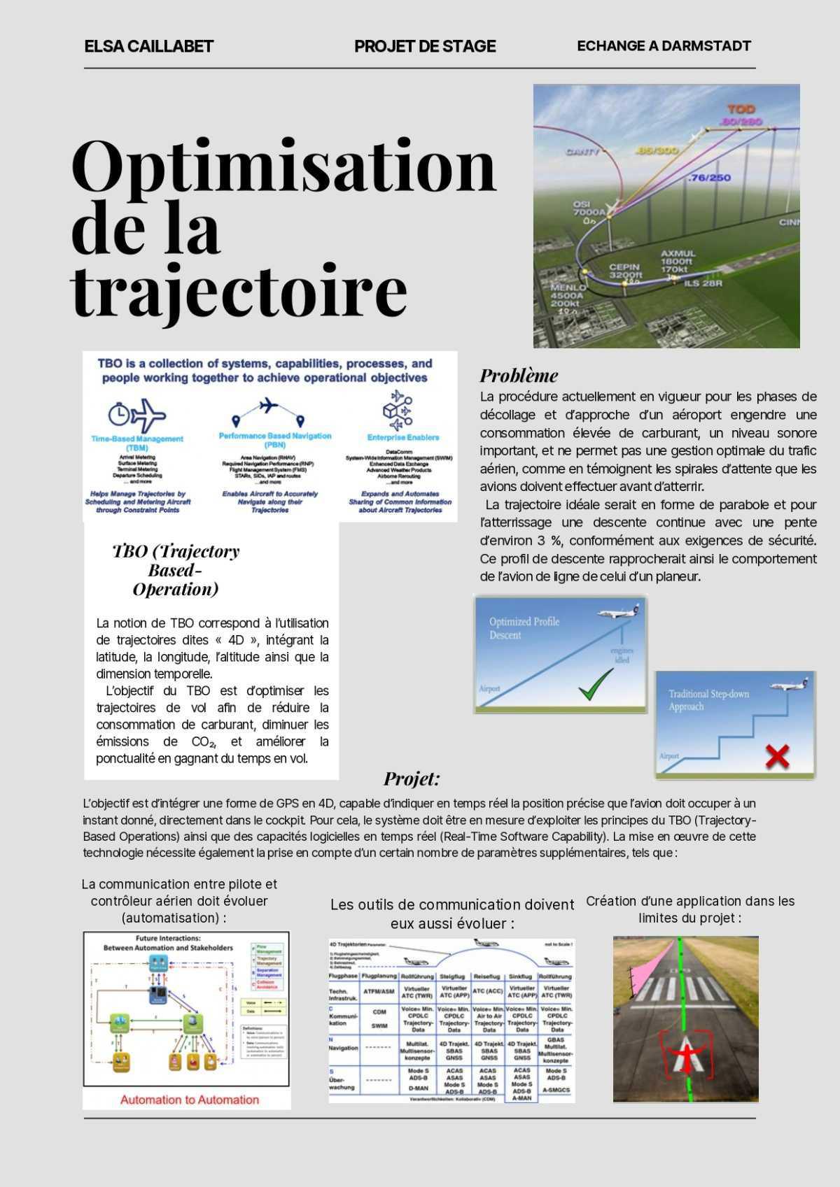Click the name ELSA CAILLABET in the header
point(148,47)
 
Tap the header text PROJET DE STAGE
point(425,47)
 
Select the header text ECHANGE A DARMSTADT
point(664,46)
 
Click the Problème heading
point(519,376)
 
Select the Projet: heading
point(412,779)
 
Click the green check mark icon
point(596,684)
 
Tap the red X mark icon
point(778,756)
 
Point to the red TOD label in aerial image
point(741,110)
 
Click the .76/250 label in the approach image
point(708,178)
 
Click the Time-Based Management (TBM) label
point(137,443)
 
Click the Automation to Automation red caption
point(189,1100)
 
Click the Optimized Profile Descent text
point(524,628)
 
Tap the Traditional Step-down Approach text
point(708,700)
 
